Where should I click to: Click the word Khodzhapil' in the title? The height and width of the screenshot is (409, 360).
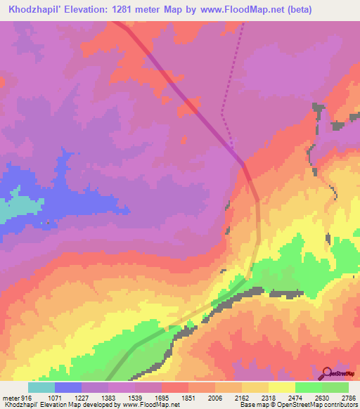click(33, 10)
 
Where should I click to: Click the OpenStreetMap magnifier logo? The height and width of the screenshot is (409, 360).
click(326, 373)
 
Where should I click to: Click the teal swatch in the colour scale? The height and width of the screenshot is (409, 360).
click(41, 387)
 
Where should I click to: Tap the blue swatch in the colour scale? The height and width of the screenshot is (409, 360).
click(68, 387)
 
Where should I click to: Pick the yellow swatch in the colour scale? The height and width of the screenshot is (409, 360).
click(282, 387)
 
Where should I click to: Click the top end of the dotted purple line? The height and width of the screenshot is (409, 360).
click(243, 25)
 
